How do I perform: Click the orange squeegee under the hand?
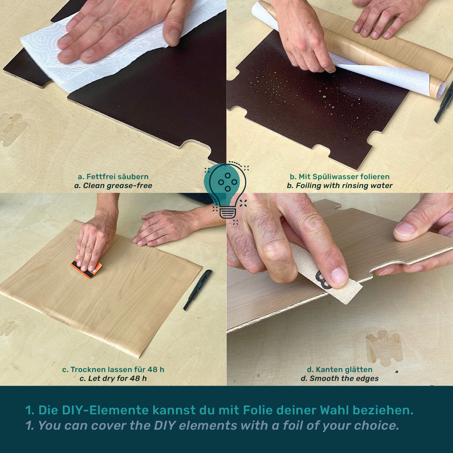click(x=87, y=269)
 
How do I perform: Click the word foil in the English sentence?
click(x=290, y=425)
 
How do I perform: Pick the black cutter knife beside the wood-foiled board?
click(x=198, y=290)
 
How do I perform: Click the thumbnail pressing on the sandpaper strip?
click(x=339, y=276)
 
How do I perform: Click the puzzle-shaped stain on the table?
click(x=384, y=348)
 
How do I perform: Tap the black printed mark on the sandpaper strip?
click(x=323, y=280)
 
